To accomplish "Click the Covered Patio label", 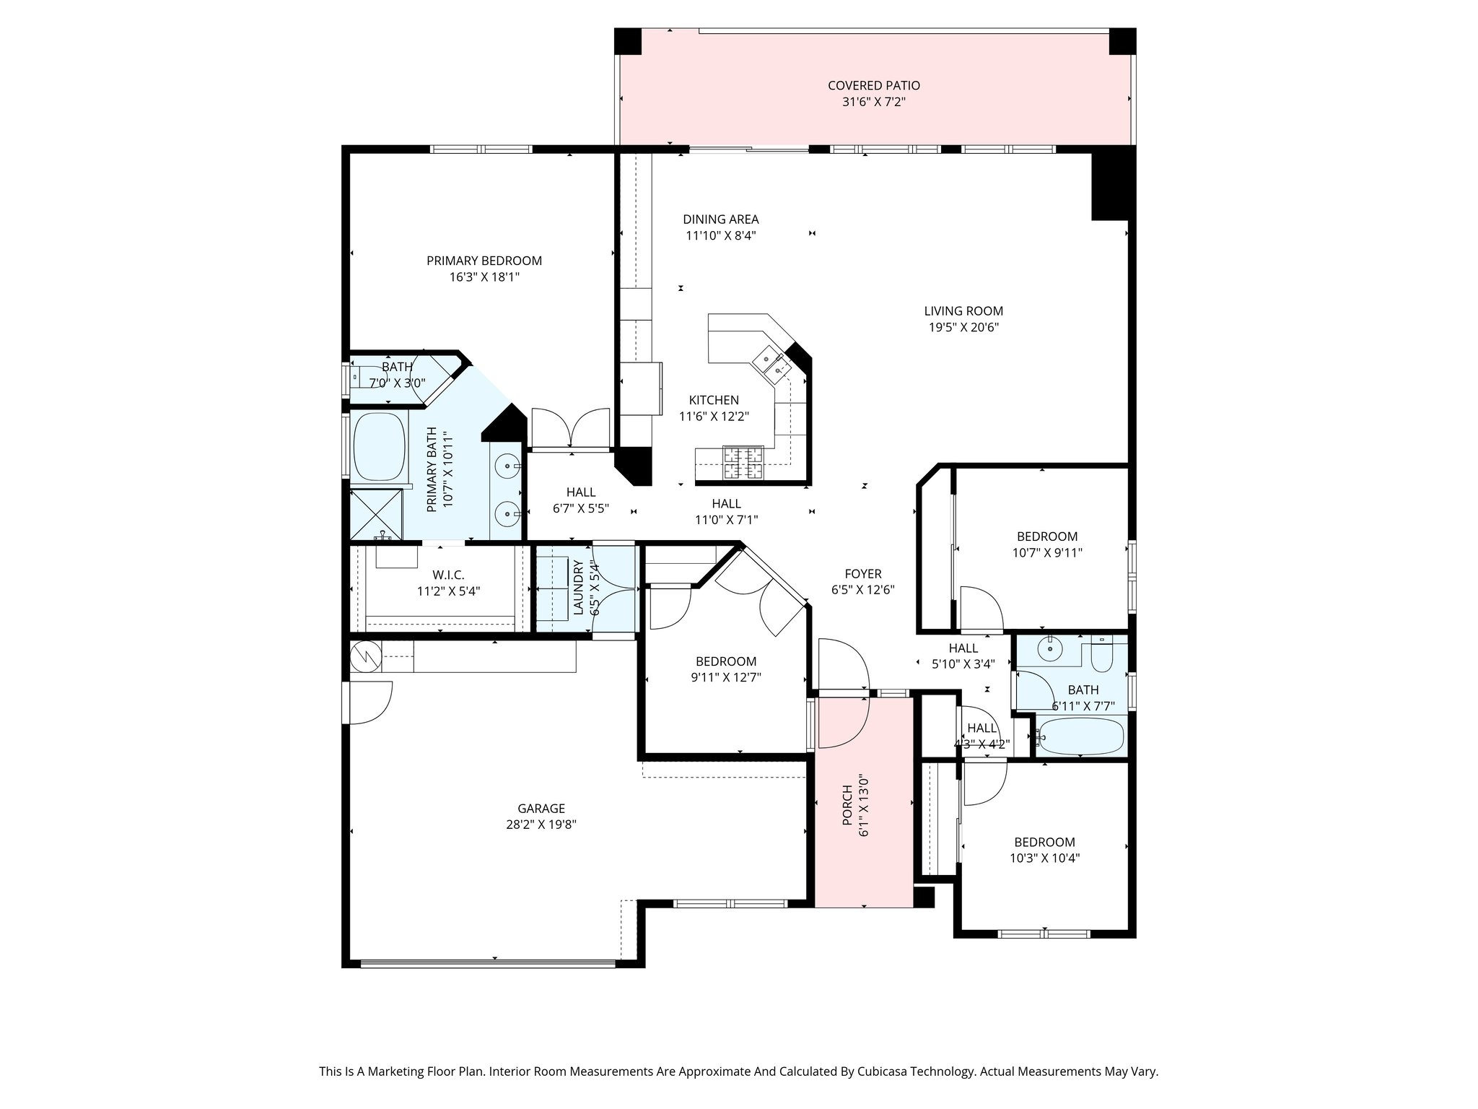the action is coord(873,86).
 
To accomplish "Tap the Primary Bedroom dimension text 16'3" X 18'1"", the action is coord(484,277).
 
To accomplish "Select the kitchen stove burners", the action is coord(743,463).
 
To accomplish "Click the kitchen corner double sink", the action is coord(772,362).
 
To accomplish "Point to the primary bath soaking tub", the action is coord(378,445).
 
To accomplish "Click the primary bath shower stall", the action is coord(376,513).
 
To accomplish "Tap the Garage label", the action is coord(541,809).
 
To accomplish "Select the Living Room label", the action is coord(963,311).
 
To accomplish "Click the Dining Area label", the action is coord(721,219).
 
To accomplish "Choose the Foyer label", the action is coord(863,574).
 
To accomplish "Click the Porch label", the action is coord(847,806).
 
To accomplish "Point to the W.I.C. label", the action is coord(448,575).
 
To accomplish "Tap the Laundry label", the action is coord(578,588).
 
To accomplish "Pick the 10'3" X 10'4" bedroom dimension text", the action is coord(1044,858).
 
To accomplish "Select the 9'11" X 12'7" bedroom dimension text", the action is coord(726,677).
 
